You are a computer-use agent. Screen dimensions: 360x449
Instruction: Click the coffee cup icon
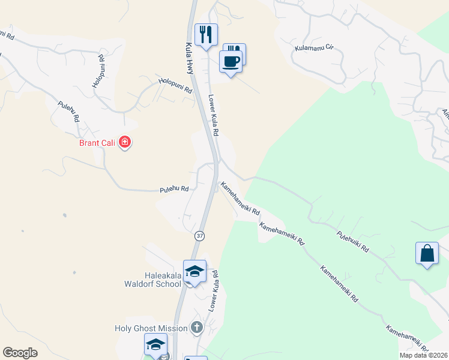(x=231, y=61)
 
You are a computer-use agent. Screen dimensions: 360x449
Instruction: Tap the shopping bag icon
(x=427, y=253)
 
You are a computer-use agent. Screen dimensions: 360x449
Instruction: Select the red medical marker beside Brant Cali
(x=125, y=142)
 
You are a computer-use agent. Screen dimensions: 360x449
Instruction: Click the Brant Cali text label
(x=97, y=143)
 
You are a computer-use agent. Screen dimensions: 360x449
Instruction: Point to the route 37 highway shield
(x=199, y=236)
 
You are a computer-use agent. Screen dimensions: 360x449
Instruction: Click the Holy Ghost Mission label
(x=151, y=328)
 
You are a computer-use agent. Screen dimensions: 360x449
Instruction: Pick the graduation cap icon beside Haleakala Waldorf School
(x=194, y=271)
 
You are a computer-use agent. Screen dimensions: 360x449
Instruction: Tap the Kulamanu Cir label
(x=313, y=46)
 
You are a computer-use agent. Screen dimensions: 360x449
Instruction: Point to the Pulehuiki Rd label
(x=352, y=241)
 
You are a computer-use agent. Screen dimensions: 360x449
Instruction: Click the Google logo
(x=20, y=353)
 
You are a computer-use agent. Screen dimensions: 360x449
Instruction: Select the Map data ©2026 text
(x=423, y=355)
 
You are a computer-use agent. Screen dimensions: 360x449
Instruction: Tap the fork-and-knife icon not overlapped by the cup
(x=206, y=35)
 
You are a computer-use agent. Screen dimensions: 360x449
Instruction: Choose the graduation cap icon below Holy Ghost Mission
(x=155, y=345)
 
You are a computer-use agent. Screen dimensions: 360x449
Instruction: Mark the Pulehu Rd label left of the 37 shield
(x=174, y=189)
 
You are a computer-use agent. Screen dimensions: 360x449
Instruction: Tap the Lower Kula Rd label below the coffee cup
(x=212, y=114)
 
